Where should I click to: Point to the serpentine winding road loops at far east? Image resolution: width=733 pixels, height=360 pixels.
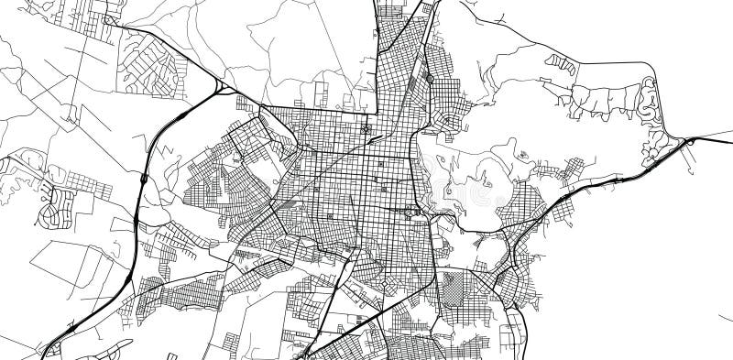pos(652,101)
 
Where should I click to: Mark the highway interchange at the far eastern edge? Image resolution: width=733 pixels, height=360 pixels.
pos(689,142)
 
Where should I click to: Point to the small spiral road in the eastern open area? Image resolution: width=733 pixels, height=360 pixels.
pos(523,157)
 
